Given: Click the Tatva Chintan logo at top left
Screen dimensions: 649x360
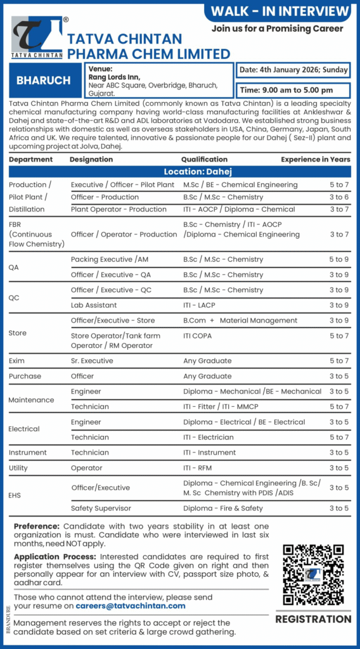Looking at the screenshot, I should click(x=37, y=38).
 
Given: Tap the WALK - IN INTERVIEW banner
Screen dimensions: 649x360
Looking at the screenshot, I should click(x=280, y=11).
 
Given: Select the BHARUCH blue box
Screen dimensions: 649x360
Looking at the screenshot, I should click(x=44, y=80).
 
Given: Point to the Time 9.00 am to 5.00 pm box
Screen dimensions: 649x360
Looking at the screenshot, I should click(x=293, y=90).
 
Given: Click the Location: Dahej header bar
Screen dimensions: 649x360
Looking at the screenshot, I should click(x=179, y=172).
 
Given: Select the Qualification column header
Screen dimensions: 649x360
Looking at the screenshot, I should click(x=204, y=160).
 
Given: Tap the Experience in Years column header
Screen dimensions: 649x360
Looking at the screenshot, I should click(x=315, y=160).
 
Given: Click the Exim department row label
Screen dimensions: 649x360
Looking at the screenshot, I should click(x=17, y=361).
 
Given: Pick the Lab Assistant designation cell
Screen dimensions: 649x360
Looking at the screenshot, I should click(x=94, y=305).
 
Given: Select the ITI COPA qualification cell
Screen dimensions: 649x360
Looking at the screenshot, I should click(x=197, y=335).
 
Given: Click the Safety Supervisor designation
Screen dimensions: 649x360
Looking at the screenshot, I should click(x=101, y=508).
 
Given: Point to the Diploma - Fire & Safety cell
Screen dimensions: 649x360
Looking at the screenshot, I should click(x=222, y=508).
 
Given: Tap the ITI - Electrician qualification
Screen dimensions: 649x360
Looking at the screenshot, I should click(x=209, y=437).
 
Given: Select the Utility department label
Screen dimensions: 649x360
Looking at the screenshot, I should click(x=19, y=468).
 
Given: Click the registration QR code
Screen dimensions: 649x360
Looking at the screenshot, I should click(x=313, y=574).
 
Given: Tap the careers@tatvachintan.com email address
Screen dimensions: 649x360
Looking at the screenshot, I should click(x=131, y=606).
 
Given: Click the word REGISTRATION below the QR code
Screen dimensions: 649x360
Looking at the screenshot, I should click(x=313, y=619).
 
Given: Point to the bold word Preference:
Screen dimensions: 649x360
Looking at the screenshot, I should click(x=37, y=526).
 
